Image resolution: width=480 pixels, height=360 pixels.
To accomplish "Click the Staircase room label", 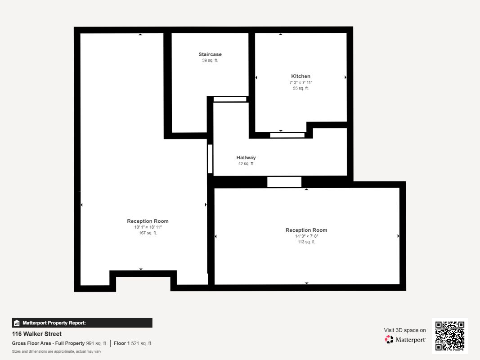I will point(210,54).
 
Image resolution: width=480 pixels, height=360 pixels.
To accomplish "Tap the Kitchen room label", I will point(301,76).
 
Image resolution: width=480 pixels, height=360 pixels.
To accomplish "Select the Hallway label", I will point(246,157).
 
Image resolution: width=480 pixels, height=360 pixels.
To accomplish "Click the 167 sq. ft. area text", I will point(148,233).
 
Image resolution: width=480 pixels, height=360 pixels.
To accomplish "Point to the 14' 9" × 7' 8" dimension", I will point(306,236).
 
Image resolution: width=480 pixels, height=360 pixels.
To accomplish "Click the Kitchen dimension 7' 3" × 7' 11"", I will point(301,82).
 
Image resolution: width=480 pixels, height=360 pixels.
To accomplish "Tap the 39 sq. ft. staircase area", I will point(210,60).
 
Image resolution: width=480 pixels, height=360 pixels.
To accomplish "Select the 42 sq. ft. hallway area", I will point(246,164).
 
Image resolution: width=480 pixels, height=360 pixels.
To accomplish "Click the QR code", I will point(449,336).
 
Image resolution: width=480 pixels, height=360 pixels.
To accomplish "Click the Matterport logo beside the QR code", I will point(405,340).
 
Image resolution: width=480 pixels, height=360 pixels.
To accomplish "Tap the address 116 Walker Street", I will point(37,334).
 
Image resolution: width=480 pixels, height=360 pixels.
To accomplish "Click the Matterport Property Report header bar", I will point(82,323).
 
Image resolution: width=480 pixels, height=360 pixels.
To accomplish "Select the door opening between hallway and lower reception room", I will point(284,182).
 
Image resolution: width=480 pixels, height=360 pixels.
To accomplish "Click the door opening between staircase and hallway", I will point(230,99).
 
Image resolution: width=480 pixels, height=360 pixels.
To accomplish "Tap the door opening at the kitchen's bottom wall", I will point(287,135).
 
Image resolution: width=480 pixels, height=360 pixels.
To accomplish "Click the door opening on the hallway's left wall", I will point(210,159).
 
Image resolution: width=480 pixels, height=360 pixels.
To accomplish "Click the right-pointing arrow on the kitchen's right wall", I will point(345,77).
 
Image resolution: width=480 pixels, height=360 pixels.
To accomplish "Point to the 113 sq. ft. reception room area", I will point(306,242).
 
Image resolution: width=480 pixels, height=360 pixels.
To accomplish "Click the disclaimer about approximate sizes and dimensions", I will point(56,351).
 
